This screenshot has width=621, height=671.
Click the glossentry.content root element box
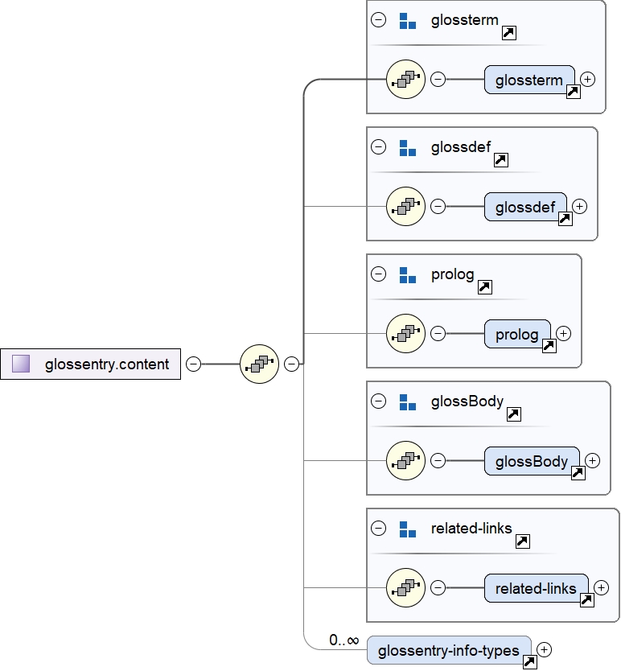pos(90,364)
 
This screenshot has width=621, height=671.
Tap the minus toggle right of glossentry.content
pos(193,364)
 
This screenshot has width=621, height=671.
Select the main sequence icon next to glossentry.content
pos(259,364)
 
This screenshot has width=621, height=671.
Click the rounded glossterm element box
pos(529,80)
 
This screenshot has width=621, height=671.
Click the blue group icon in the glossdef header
pos(408,147)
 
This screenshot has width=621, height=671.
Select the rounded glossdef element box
pos(525,207)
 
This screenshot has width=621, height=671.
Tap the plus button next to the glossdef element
pos(579,206)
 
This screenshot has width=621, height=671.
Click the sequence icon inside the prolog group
pos(405,333)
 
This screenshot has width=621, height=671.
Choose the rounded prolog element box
pos(517,334)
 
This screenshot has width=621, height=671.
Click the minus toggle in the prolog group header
pos(378,274)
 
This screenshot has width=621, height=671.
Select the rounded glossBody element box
pos(532,461)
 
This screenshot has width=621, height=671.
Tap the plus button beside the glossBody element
pos(592,460)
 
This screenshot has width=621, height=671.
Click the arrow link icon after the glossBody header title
pos(514,414)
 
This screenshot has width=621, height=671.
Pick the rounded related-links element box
pos(536,588)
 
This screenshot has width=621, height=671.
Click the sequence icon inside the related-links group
pos(405,587)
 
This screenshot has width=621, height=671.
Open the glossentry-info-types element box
pos(449,650)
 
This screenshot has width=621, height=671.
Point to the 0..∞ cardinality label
pos(343,640)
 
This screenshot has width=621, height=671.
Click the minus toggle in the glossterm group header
pos(378,20)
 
